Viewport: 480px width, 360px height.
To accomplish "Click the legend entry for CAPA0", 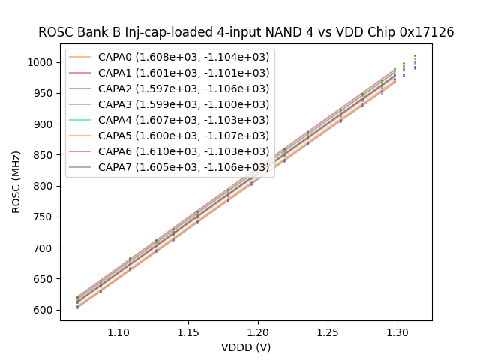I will coord(184,56).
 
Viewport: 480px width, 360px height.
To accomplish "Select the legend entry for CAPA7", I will coord(184,167).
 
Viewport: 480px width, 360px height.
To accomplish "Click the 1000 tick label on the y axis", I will coord(42,62).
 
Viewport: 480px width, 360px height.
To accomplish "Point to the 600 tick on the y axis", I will coord(45,310).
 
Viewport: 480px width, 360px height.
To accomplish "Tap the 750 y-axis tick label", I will coord(45,217).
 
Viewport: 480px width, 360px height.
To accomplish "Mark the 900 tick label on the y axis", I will coord(45,124).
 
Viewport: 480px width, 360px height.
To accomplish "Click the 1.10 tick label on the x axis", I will coord(118,331).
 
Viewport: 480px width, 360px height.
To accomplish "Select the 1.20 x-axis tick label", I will coord(258,331).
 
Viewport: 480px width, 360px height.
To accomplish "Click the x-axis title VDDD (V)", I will coord(246,347).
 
